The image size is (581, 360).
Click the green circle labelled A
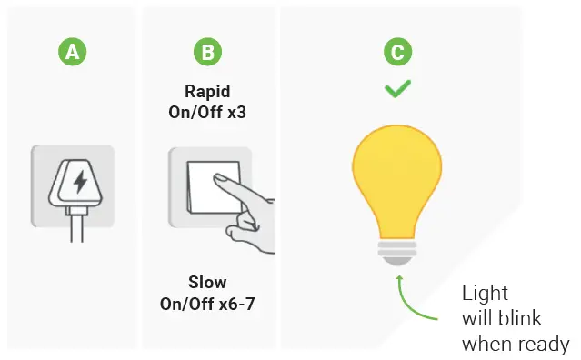tap(72, 52)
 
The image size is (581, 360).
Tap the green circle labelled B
tap(207, 52)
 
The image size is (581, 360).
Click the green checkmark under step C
tap(396, 89)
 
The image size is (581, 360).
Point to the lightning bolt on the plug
tap(80, 181)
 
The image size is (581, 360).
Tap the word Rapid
tap(208, 92)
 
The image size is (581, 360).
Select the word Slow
tap(207, 282)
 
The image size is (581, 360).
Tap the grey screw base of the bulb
tap(396, 249)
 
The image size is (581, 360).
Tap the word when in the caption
tap(486, 344)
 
